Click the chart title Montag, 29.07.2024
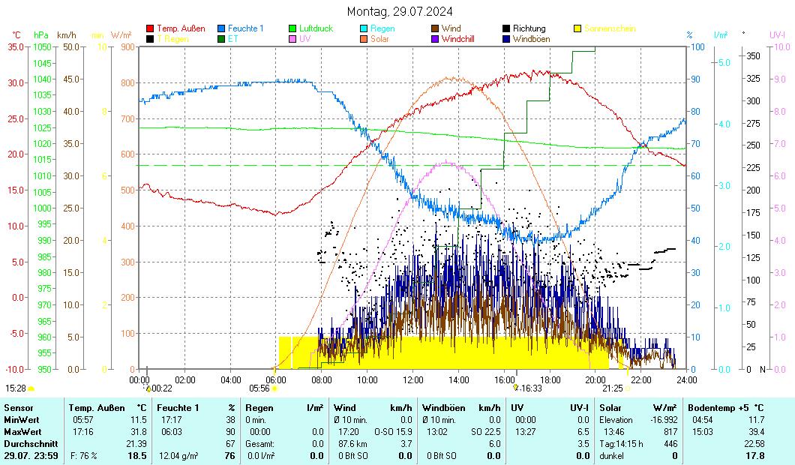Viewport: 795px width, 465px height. click(x=400, y=11)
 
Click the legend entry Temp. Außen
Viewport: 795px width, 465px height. click(x=180, y=28)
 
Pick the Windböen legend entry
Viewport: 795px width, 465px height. click(x=531, y=38)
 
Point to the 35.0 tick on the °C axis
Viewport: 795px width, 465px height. click(x=16, y=47)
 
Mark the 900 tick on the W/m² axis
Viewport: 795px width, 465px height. click(x=126, y=47)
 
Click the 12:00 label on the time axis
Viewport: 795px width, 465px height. click(x=413, y=379)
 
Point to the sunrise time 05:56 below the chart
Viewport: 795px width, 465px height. click(x=259, y=388)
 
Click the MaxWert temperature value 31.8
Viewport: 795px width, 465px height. click(x=138, y=432)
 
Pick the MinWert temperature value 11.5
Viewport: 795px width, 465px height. click(x=138, y=420)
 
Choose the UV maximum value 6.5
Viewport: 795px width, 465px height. click(x=581, y=432)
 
